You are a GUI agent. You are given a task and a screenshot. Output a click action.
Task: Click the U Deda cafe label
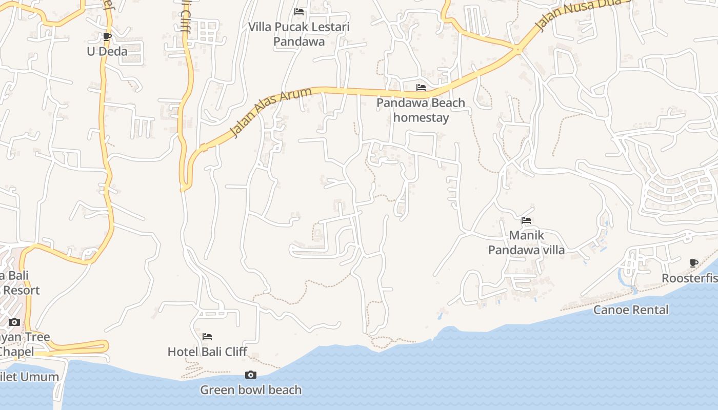click(x=107, y=51)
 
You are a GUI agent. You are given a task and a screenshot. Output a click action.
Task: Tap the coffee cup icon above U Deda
click(x=107, y=36)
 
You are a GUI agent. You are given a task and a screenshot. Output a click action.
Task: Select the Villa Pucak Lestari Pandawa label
click(x=299, y=34)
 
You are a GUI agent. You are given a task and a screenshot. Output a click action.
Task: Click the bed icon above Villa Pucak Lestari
click(x=299, y=12)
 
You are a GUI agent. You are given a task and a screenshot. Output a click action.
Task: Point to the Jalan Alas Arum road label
click(x=271, y=112)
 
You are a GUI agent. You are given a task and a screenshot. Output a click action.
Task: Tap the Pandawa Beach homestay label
click(x=421, y=110)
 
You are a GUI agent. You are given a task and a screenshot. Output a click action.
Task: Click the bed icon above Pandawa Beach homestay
click(x=421, y=88)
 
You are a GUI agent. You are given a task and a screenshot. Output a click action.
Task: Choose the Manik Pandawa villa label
click(x=526, y=242)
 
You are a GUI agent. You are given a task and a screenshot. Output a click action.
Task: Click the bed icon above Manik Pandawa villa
click(x=526, y=221)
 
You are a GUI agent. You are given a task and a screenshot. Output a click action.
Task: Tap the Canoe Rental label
click(x=631, y=310)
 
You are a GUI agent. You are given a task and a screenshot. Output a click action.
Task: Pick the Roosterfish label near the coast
click(x=690, y=278)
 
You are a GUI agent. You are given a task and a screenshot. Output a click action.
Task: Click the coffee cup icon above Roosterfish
click(x=694, y=263)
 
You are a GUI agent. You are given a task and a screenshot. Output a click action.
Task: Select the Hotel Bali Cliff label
click(x=207, y=352)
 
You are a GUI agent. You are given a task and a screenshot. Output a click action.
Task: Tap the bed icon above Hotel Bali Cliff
click(x=207, y=337)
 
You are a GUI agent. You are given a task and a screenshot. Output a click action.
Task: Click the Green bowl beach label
click(x=251, y=389)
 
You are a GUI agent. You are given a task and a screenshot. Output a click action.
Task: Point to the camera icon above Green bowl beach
click(x=251, y=375)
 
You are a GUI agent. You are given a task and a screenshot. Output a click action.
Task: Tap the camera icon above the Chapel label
click(x=14, y=322)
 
